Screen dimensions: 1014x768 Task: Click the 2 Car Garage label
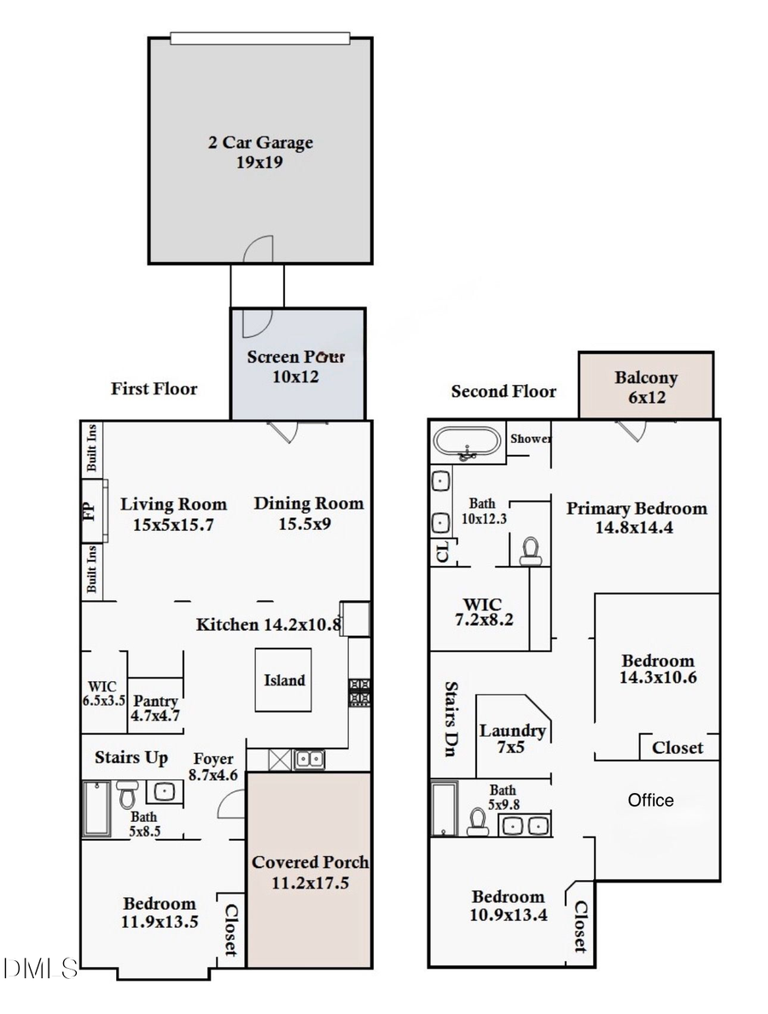260,151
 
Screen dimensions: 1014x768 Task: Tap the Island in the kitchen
284,680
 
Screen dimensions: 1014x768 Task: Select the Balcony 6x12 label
646,386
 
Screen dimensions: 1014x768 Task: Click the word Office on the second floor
650,800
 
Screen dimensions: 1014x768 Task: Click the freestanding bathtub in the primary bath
466,442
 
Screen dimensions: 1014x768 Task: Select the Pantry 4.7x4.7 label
155,708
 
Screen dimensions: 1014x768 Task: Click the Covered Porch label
308,871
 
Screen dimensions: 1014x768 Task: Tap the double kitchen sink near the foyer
308,759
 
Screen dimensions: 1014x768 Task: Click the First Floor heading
154,389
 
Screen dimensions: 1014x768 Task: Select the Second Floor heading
503,392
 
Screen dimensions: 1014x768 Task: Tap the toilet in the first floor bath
127,795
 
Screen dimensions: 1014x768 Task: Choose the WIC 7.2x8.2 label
482,610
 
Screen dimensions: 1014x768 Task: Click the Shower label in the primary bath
530,439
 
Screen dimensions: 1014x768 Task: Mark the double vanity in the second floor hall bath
524,825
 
